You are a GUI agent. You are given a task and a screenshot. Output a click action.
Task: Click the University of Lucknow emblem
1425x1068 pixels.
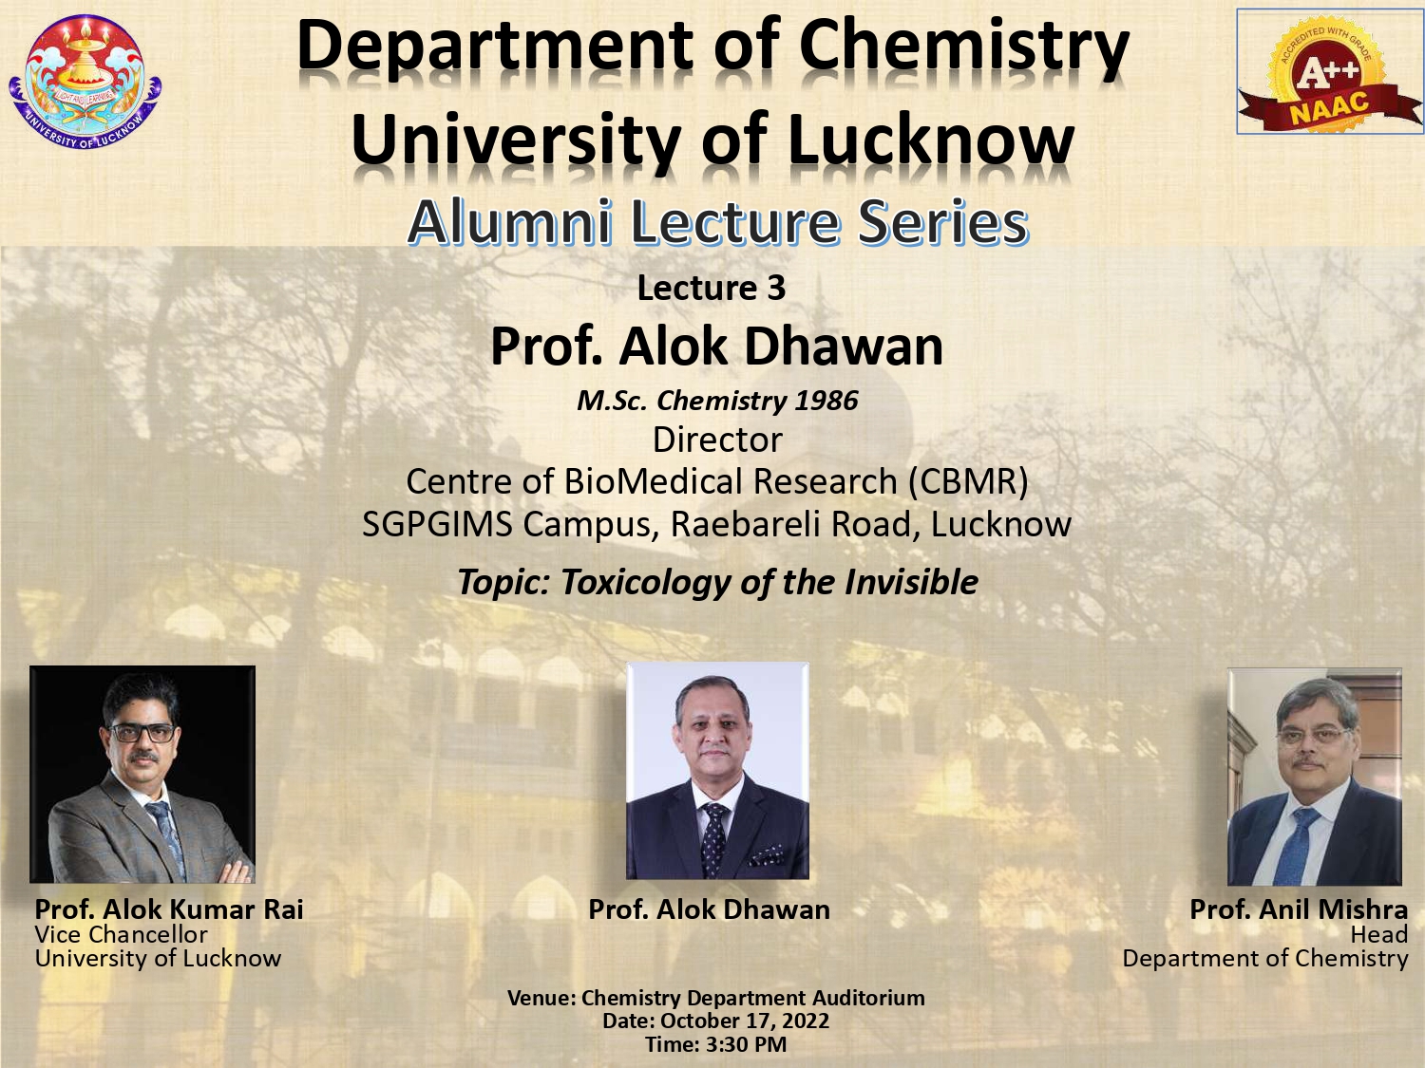pos(85,82)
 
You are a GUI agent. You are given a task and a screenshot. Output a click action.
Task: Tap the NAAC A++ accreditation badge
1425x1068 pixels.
pos(1328,71)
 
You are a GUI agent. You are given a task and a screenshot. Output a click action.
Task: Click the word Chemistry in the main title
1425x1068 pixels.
pos(964,48)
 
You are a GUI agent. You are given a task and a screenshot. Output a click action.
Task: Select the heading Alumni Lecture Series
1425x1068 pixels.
pos(718,222)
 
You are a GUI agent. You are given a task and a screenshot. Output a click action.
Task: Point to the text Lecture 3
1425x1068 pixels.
pos(712,288)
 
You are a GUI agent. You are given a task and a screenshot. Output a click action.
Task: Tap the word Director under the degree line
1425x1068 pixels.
pos(717,440)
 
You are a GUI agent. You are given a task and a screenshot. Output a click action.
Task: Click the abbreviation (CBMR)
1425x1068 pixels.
pos(968,481)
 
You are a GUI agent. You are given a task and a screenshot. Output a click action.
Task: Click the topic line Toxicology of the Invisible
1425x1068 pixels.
pos(717,582)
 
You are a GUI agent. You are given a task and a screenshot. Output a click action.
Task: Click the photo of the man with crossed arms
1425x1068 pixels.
pos(142,775)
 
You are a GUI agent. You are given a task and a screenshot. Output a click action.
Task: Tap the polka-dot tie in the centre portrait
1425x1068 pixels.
pos(714,839)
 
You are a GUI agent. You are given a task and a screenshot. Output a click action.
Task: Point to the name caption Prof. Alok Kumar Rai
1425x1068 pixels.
pos(169,909)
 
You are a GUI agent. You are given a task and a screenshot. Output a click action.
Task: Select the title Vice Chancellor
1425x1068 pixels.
pos(121,934)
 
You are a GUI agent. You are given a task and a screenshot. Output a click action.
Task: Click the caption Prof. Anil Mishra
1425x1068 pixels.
pos(1299,909)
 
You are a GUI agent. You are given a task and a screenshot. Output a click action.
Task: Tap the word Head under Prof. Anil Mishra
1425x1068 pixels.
pos(1378,934)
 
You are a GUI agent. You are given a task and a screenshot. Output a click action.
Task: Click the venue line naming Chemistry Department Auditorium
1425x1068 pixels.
pos(716,998)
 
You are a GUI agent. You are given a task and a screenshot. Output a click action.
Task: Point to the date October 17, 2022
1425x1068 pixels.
pos(745,1021)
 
